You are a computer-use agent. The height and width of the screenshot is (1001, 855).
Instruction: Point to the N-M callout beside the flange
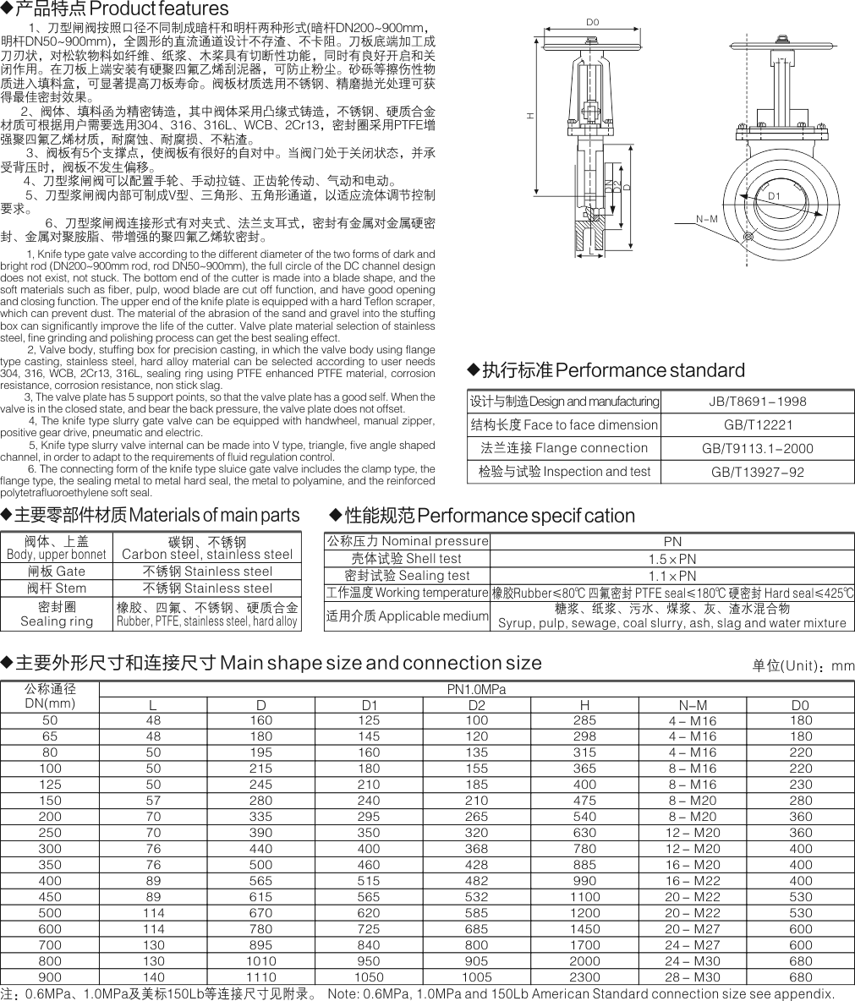[x=707, y=219]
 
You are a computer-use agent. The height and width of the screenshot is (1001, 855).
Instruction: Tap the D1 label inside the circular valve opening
[x=773, y=196]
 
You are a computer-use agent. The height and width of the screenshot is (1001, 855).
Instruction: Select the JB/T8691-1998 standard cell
[x=757, y=402]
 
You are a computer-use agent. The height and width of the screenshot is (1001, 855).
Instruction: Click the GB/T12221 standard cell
[x=757, y=425]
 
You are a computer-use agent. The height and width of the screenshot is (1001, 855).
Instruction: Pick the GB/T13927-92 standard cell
[x=757, y=472]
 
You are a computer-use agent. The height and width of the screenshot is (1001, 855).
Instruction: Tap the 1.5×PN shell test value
[x=672, y=559]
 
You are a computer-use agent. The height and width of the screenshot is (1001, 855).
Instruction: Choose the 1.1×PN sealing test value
[x=672, y=576]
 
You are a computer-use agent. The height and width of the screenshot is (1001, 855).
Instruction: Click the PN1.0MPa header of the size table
[x=476, y=689]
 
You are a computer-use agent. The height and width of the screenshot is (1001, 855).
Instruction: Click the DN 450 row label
[x=50, y=896]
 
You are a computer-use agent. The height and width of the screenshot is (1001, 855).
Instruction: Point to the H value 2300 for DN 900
[x=584, y=976]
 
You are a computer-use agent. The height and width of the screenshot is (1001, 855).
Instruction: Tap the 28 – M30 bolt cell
[x=693, y=976]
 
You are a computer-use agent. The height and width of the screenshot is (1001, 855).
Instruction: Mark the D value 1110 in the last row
[x=260, y=976]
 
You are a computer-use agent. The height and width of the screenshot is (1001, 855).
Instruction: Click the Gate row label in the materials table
[x=57, y=571]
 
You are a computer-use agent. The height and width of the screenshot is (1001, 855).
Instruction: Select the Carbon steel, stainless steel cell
[x=207, y=548]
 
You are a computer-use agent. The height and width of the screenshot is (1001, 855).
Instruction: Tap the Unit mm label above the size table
[x=803, y=666]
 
